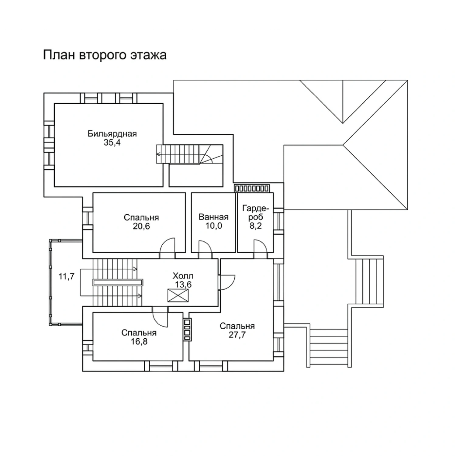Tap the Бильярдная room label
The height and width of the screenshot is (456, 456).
pos(112,134)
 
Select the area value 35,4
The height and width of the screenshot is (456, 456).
pos(112,142)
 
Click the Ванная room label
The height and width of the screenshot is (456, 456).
pos(213,217)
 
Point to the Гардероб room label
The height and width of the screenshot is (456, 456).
pos(256,213)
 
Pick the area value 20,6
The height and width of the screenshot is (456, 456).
pos(141,226)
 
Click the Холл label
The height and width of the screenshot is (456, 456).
pos(183,276)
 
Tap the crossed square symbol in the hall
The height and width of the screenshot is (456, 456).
pos(178,295)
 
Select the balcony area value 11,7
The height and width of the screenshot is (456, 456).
pos(67,277)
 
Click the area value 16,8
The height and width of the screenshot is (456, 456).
pos(139,342)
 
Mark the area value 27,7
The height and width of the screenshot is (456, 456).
pos(237,335)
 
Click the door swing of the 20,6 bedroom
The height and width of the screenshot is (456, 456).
pos(168,245)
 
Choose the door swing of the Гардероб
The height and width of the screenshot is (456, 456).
pos(260,246)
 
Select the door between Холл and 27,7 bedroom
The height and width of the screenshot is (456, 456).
pos(226,282)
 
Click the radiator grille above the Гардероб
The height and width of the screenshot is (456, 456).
pos(252,188)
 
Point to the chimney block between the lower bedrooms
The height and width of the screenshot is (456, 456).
pos(187,329)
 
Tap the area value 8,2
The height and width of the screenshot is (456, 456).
pos(256,226)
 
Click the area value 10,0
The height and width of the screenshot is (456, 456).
pos(213,226)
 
